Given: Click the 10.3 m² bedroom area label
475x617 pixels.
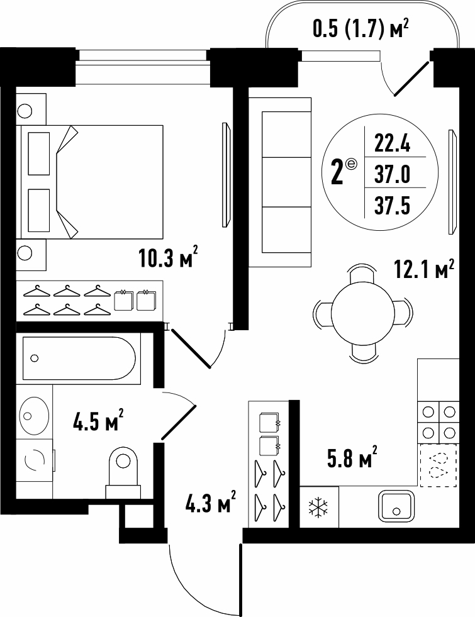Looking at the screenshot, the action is click(168, 257).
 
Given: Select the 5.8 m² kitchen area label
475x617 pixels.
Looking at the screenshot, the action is click(352, 457).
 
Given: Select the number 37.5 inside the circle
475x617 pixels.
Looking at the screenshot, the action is click(393, 206).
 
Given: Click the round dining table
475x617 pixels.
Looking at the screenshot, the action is click(363, 313).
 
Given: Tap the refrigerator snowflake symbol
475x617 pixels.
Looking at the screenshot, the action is click(319, 507).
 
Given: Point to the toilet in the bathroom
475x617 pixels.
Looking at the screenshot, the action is click(123, 472).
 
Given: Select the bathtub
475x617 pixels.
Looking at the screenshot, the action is click(79, 358).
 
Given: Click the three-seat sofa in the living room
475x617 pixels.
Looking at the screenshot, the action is click(280, 182).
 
